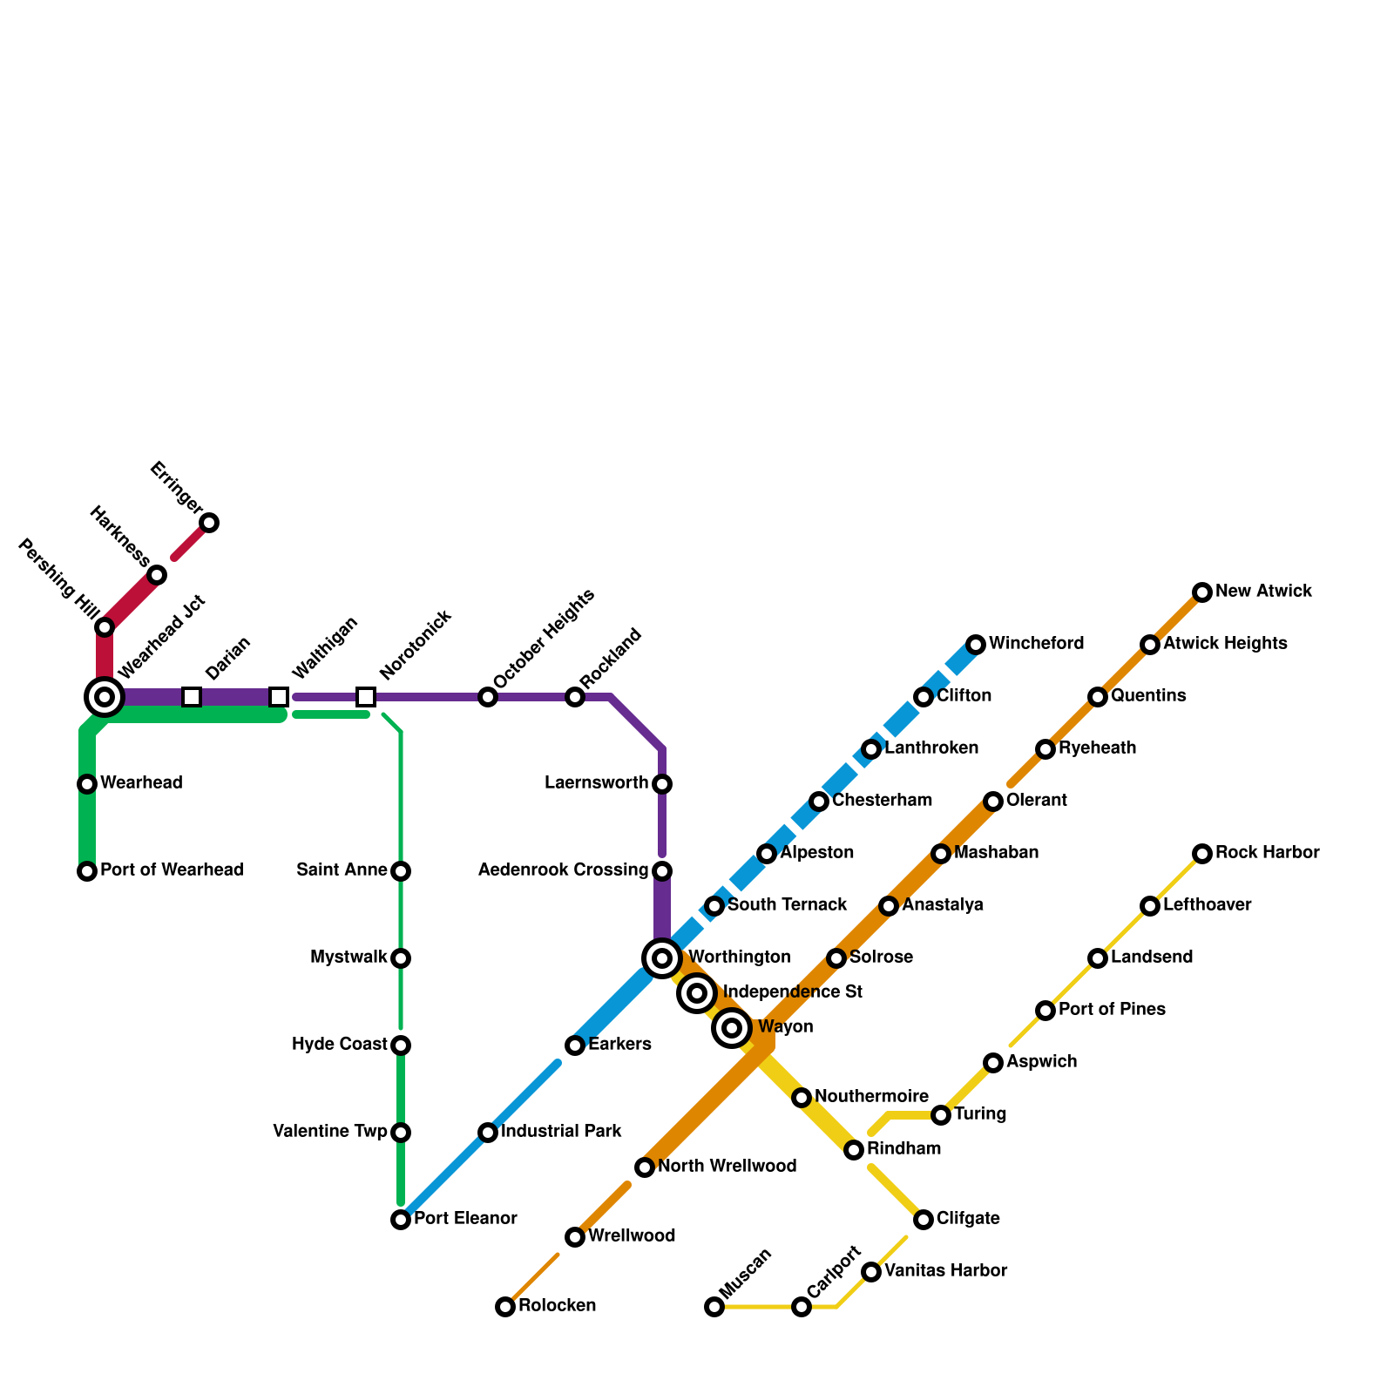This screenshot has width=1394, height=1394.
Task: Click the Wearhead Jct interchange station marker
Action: coord(105,696)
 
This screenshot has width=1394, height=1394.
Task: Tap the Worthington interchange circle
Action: coord(662,958)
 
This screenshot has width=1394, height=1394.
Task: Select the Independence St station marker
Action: coord(697,993)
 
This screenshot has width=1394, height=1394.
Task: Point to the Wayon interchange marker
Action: coord(732,1028)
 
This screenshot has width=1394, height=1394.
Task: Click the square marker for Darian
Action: coord(192,697)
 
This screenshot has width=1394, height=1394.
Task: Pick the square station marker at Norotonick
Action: coord(366,697)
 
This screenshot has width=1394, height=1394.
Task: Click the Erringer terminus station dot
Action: coord(209,523)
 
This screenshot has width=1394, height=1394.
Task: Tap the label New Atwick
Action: coord(1263,592)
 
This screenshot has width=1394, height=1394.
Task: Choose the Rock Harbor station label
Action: coord(1267,853)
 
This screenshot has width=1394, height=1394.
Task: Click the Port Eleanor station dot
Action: coord(401,1220)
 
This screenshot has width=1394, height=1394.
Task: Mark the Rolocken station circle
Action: coord(505,1307)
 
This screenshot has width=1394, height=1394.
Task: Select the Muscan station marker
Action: coord(714,1307)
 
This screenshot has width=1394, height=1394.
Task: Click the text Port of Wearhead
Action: coord(172,870)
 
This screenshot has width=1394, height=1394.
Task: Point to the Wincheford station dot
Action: coord(976,645)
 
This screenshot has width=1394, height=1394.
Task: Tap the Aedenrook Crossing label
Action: coord(563,870)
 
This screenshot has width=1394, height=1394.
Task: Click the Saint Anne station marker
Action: coord(401,871)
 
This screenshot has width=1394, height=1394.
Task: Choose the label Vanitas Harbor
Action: coord(945,1271)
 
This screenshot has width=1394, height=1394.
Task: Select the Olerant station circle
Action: coord(993,802)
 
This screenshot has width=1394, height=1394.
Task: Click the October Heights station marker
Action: coord(488,697)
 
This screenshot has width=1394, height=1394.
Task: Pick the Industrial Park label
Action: coord(561,1132)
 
